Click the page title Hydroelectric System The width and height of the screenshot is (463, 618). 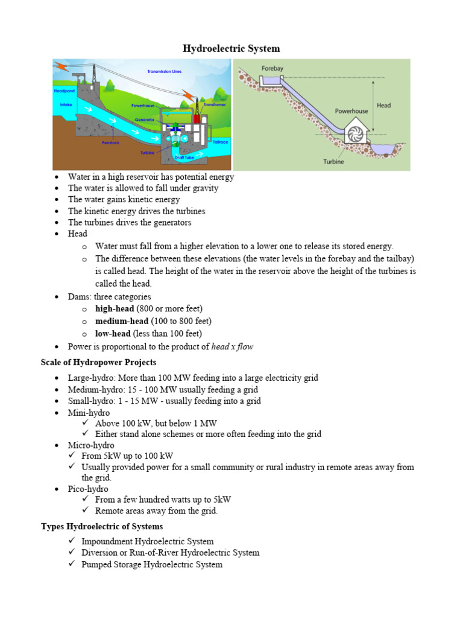231,48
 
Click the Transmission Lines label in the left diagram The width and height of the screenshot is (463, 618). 164,71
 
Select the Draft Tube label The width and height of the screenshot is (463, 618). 183,158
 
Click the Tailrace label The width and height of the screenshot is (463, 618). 221,141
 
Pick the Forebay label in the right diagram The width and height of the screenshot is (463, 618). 272,68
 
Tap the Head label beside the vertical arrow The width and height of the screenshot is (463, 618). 383,105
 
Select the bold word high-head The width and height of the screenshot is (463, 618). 115,309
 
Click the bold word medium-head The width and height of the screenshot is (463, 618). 120,321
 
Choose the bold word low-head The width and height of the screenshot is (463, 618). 113,333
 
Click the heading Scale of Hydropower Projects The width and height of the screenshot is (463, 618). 98,362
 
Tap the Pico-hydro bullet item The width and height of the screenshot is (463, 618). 88,488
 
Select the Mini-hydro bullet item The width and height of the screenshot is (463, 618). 89,413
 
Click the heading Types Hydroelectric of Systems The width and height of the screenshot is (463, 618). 101,526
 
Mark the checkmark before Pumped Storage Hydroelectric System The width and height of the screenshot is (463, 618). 72,564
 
